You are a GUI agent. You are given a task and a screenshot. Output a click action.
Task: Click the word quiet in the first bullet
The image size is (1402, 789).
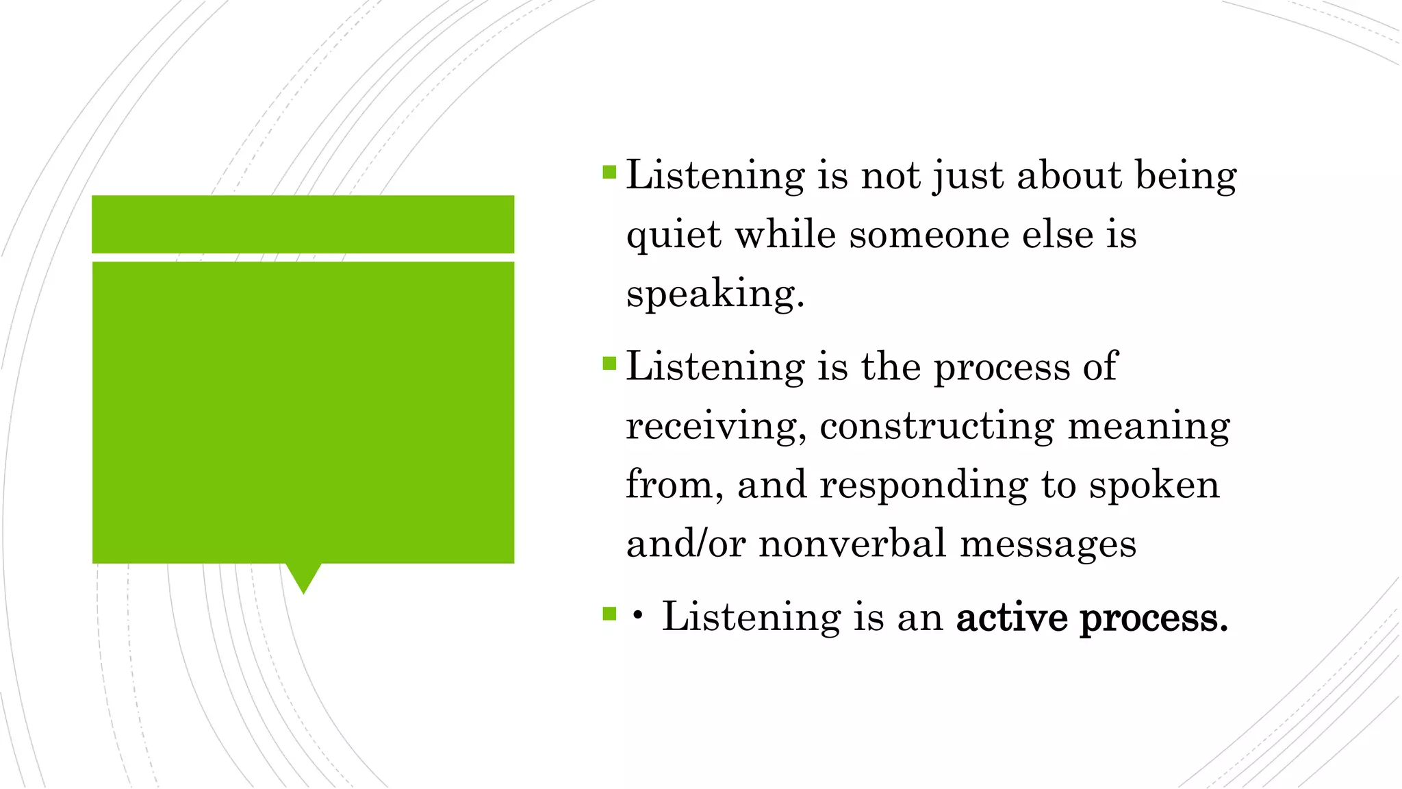[x=674, y=236]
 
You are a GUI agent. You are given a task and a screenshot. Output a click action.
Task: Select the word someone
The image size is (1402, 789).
[x=929, y=235]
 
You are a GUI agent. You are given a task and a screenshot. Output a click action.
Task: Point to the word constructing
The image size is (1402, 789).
[x=936, y=426]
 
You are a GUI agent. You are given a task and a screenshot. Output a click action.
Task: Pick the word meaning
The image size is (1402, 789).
[x=1149, y=426]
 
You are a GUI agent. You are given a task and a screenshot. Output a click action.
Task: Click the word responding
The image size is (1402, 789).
[x=923, y=485]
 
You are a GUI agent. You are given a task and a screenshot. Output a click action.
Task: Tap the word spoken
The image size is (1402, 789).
[x=1154, y=485]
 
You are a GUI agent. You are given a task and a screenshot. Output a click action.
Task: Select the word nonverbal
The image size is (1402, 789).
[x=852, y=544]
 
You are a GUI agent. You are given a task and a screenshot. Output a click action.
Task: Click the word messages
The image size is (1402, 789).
[x=1048, y=544]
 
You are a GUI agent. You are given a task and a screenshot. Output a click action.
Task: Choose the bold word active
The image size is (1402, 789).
[x=1011, y=618]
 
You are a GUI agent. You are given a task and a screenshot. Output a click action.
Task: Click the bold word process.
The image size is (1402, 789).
[x=1154, y=619]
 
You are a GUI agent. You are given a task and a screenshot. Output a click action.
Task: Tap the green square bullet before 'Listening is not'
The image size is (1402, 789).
[x=609, y=171]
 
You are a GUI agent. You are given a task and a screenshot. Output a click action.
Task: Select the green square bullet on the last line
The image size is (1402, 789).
[x=609, y=613]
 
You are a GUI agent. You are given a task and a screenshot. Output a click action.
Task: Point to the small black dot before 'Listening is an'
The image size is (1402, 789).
[x=638, y=616]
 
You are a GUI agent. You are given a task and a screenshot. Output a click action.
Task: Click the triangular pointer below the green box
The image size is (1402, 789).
[x=303, y=577]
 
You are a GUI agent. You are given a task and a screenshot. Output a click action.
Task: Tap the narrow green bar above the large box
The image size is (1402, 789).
[x=303, y=224]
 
